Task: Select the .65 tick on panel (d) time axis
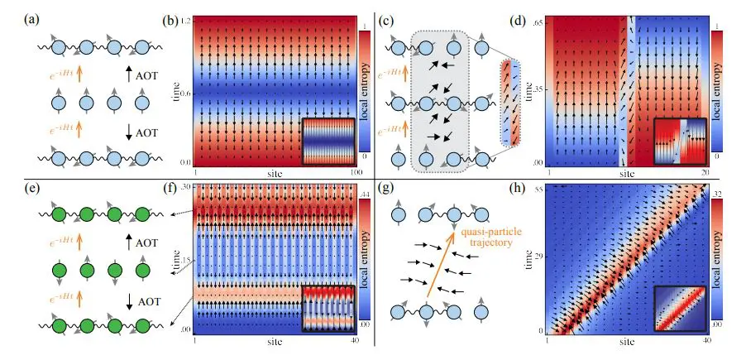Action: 540,21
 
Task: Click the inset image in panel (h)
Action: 678,308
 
